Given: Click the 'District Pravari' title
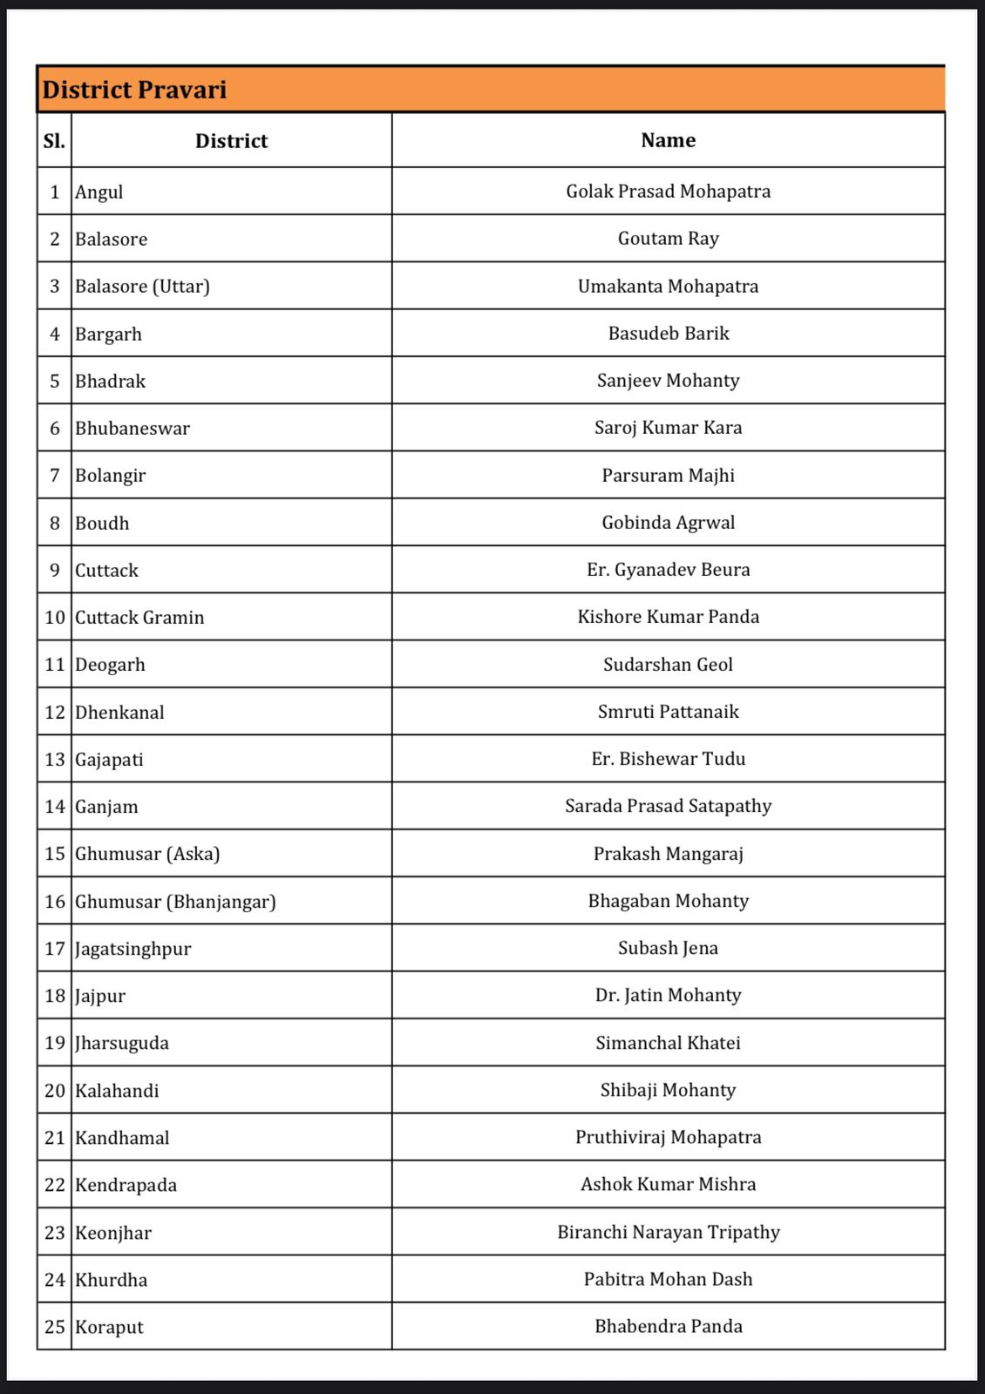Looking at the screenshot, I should point(134,90).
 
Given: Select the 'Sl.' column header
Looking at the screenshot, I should point(54,140).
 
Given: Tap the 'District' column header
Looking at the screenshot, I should point(231,141).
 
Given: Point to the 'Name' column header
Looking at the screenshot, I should point(668,140).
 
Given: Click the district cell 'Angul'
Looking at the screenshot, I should point(99,192).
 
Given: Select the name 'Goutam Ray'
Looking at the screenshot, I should point(668,239).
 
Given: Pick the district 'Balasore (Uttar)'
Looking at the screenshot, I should point(142,287).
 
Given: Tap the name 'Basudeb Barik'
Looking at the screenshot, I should point(668,334).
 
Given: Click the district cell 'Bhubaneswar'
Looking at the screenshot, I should point(132,429).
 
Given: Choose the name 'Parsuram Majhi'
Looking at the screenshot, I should point(668,476).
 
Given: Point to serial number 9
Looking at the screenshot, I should point(55,571).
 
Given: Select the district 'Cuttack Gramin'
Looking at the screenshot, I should point(139,618).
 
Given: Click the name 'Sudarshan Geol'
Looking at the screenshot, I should point(668,665).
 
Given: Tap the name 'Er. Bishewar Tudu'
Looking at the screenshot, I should point(668,759).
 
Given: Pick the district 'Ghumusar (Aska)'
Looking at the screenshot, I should point(147,854).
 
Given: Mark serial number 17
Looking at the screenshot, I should point(55,949).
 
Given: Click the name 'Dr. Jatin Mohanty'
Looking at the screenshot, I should point(668,995).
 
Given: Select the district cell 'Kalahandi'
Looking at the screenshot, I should point(117,1091).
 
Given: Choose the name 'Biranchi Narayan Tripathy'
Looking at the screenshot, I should point(668,1232).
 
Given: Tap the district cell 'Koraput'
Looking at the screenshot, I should point(109,1327).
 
